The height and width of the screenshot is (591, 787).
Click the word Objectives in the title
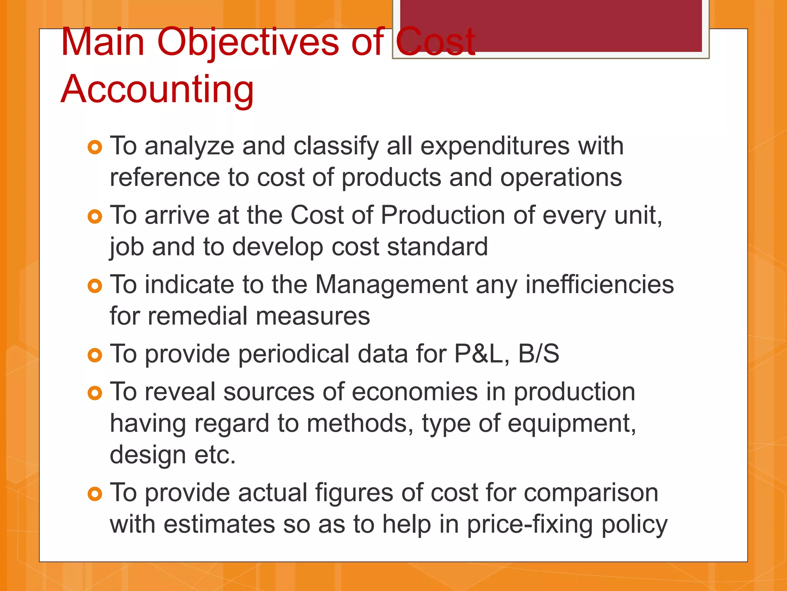(248, 42)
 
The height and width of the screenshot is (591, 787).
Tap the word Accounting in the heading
(157, 89)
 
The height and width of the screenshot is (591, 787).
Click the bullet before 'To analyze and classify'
(95, 147)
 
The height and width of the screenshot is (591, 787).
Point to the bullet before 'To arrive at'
(95, 216)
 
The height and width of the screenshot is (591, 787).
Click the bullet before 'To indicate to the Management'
(95, 286)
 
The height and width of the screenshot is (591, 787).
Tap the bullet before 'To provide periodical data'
(95, 355)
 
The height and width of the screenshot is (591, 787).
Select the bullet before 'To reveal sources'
(95, 393)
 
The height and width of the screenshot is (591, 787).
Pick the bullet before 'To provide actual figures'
(95, 494)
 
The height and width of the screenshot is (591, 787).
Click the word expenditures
(495, 147)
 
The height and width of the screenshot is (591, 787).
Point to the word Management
(391, 285)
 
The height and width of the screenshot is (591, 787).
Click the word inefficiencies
(599, 285)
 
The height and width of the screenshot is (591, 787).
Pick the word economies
(415, 392)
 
